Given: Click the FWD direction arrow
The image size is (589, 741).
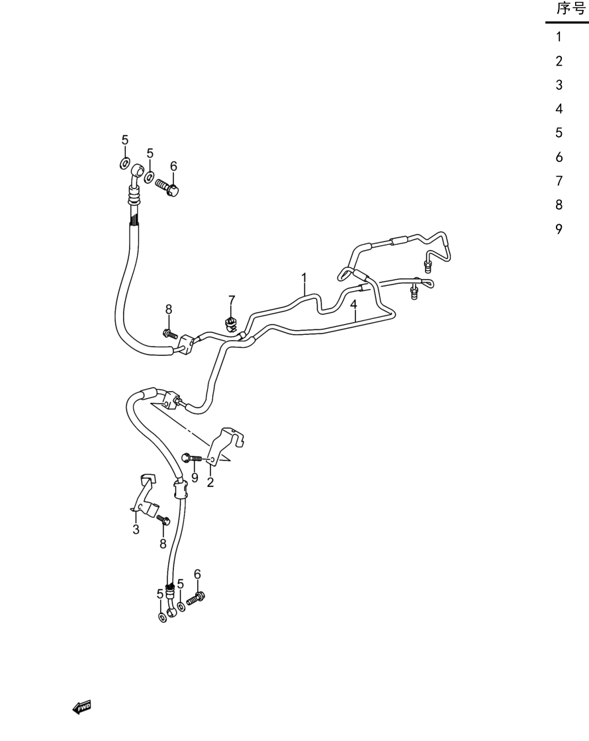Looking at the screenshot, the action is tap(81, 707).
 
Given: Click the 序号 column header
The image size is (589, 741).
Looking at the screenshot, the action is tap(570, 9).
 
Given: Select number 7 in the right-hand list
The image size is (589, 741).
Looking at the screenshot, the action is tap(559, 181).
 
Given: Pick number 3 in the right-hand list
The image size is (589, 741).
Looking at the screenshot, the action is tap(559, 85).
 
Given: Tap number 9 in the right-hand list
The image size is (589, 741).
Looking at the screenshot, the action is tap(559, 229).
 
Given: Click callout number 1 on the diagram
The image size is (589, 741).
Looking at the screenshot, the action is tap(304, 277).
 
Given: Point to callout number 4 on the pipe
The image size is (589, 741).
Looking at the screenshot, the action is tap(353, 305).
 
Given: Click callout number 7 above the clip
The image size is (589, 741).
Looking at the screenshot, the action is tap(232, 300).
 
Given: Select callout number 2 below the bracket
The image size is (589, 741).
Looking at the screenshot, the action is tap(210, 482).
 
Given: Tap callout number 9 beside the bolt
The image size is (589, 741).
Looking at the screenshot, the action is tap(195, 478).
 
